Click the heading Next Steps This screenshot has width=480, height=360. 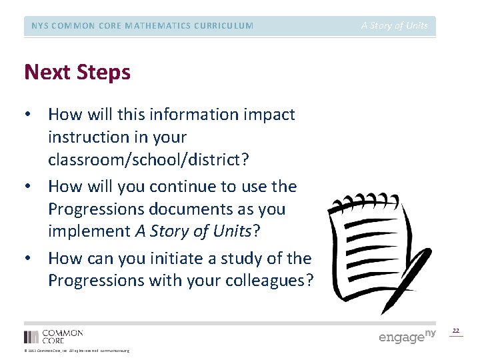77,72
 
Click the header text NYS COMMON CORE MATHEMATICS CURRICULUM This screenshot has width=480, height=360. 143,26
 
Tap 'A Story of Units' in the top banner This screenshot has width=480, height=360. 395,26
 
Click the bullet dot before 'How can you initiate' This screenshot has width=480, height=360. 28,258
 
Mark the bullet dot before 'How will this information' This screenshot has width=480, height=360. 28,115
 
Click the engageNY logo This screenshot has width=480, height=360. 407,335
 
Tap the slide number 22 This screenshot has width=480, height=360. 456,331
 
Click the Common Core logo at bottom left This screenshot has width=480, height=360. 53,336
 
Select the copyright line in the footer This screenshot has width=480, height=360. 77,351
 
